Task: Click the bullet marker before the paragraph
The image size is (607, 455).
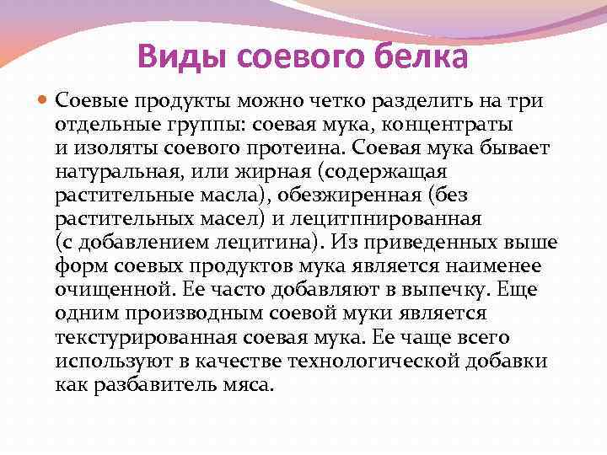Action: (45, 102)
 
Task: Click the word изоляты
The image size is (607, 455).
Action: (105, 148)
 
